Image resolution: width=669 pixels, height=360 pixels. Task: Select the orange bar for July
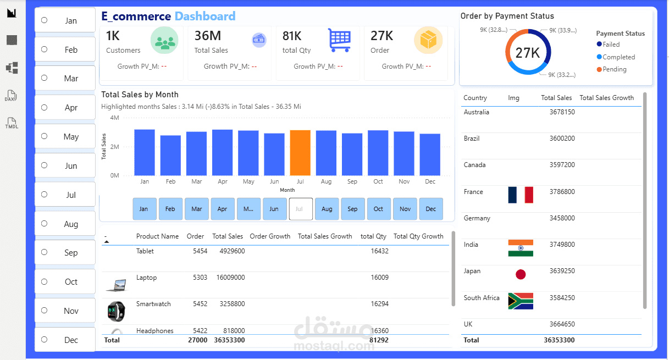300,153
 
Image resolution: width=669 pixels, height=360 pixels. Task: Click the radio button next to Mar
44,78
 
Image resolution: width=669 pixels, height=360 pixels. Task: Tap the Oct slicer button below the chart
379,209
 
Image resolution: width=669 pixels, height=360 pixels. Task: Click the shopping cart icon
339,40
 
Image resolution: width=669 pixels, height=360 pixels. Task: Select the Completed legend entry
618,57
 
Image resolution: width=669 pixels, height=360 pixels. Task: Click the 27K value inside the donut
528,53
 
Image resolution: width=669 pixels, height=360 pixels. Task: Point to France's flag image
521,195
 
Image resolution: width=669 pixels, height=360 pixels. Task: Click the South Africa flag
521,301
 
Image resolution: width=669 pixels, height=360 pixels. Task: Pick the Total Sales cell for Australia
562,112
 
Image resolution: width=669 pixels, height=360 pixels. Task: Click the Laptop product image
116,285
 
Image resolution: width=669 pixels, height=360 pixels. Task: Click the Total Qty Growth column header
418,236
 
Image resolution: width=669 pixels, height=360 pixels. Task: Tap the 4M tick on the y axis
114,118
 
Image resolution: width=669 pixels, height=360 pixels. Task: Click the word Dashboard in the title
205,16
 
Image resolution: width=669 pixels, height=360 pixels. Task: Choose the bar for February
170,155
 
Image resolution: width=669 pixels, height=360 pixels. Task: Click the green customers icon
165,41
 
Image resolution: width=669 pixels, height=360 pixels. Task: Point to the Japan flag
521,274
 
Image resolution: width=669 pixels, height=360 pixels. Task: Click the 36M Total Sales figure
208,36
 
